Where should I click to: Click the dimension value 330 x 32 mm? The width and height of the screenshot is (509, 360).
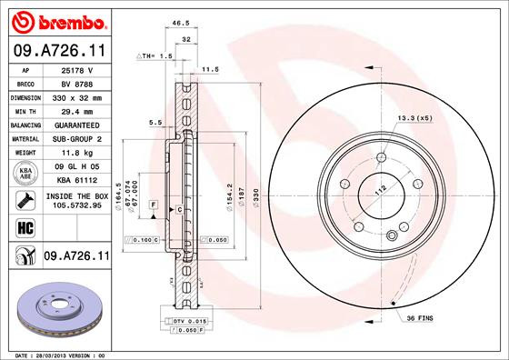coord(76,95)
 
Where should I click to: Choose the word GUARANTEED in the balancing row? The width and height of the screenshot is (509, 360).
coord(75,124)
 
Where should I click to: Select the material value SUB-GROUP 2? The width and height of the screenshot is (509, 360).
coord(75,138)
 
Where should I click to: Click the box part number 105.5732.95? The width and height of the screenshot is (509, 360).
coord(75,206)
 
